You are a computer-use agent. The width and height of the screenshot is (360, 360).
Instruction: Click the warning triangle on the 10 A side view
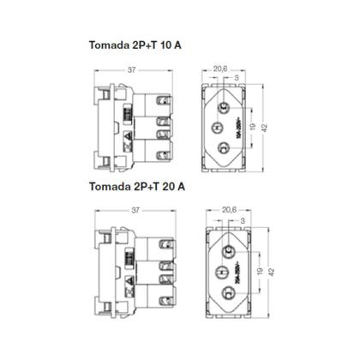[128, 136]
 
